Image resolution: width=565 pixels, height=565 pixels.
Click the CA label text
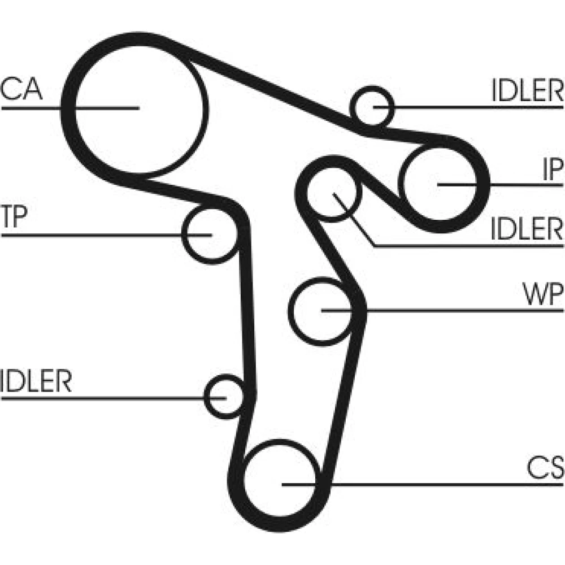pos(21,89)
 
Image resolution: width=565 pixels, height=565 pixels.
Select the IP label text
pos(551,169)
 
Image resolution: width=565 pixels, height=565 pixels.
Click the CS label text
pos(545,468)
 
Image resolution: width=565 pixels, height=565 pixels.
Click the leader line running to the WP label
pos(452,310)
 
